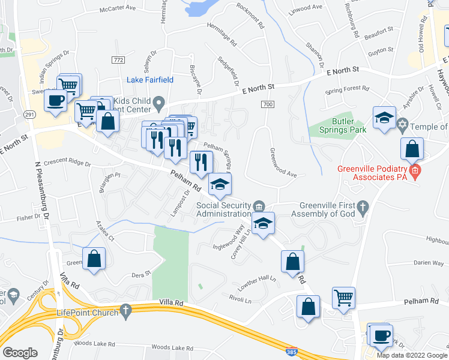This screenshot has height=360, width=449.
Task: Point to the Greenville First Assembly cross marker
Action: (x=362, y=208)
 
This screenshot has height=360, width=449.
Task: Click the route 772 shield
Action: (x=118, y=60)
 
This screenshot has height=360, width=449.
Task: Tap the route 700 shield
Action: (x=268, y=104)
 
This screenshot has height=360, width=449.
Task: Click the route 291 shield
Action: (x=29, y=114)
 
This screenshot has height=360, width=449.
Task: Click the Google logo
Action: (x=20, y=353)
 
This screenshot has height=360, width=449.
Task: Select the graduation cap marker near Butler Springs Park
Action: (x=384, y=117)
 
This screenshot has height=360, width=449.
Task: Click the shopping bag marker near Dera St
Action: (x=95, y=259)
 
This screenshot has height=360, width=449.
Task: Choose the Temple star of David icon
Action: (x=403, y=126)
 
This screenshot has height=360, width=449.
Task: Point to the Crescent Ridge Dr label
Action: (x=67, y=163)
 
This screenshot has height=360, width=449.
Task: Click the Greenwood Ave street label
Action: (x=283, y=163)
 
